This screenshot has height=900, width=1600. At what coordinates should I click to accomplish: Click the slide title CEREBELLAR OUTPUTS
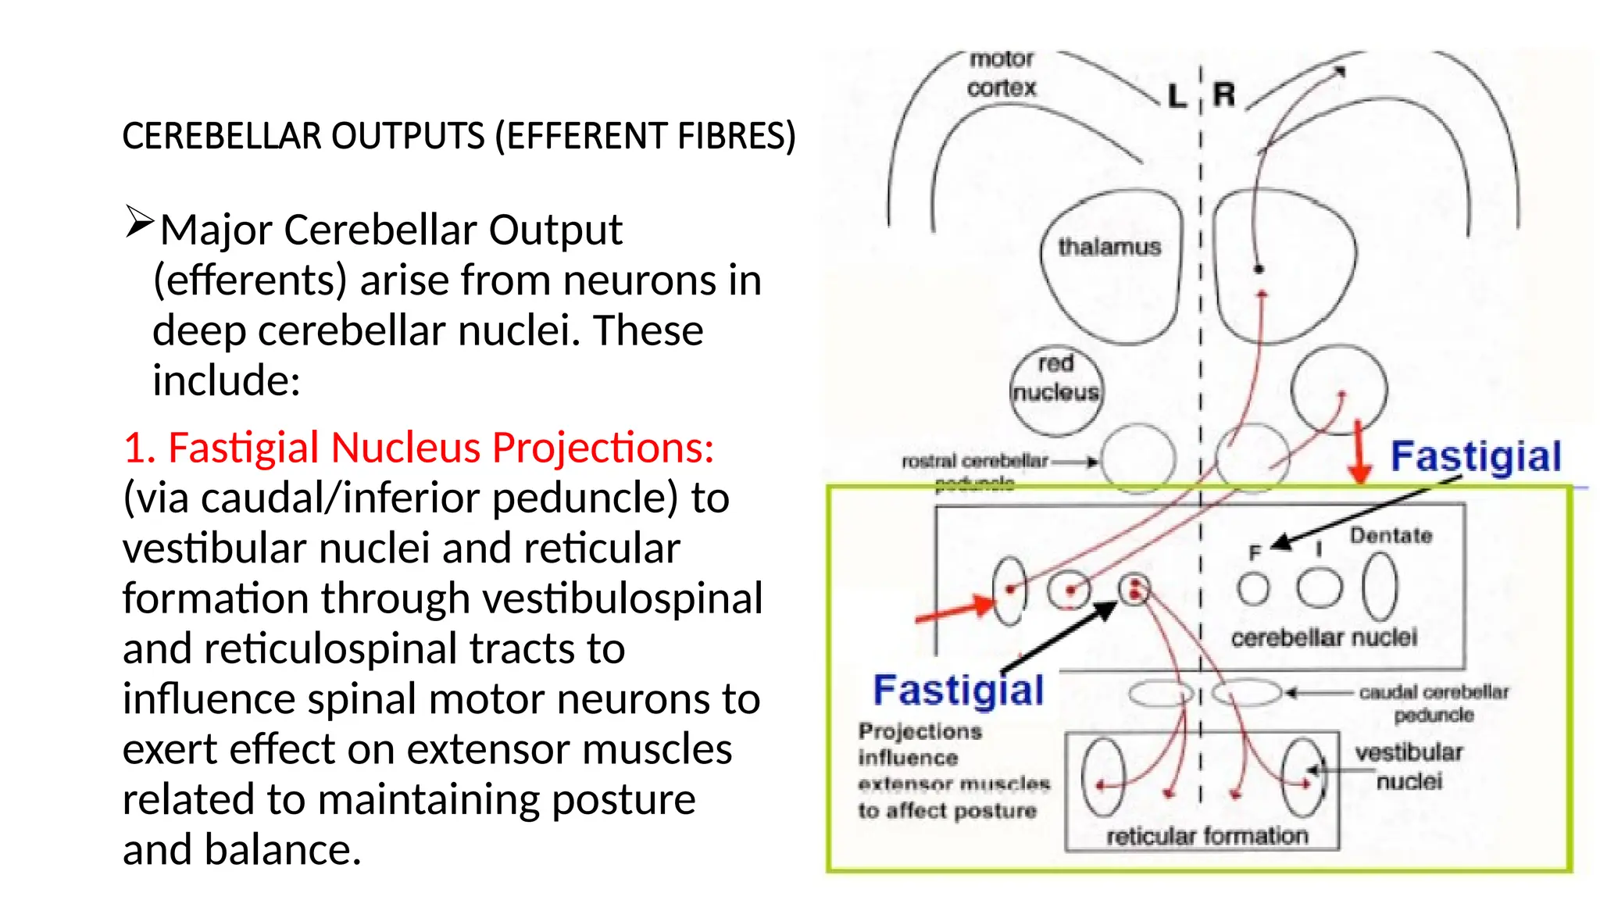pyautogui.click(x=459, y=136)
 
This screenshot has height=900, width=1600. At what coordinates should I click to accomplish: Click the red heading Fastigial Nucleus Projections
pyautogui.click(x=419, y=448)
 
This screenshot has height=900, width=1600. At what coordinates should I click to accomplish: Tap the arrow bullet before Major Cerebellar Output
pyautogui.click(x=140, y=222)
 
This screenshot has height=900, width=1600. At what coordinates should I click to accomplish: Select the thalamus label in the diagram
pyautogui.click(x=1109, y=248)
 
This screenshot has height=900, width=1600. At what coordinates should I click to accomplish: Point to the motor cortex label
pyautogui.click(x=1002, y=73)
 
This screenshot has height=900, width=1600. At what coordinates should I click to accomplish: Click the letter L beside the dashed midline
pyautogui.click(x=1177, y=96)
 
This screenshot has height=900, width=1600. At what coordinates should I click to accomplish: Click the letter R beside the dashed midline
pyautogui.click(x=1224, y=95)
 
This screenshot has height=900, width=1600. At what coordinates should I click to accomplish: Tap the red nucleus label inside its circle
pyautogui.click(x=1055, y=378)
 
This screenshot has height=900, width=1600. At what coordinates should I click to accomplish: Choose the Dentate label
pyautogui.click(x=1391, y=536)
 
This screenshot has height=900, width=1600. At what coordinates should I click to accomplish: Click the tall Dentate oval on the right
pyautogui.click(x=1380, y=586)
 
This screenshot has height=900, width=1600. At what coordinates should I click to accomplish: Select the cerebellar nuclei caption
pyautogui.click(x=1323, y=637)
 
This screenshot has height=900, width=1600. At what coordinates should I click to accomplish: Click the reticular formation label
pyautogui.click(x=1207, y=836)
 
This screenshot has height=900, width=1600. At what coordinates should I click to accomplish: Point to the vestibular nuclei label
pyautogui.click(x=1409, y=766)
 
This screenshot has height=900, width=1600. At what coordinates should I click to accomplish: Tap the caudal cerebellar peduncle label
pyautogui.click(x=1434, y=703)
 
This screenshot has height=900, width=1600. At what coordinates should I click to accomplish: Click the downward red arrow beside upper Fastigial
pyautogui.click(x=1359, y=452)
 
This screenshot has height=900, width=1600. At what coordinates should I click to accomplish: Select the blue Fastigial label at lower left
pyautogui.click(x=958, y=691)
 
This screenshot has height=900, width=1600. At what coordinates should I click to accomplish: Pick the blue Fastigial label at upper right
pyautogui.click(x=1476, y=456)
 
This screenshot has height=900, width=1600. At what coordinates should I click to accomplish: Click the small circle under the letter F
pyautogui.click(x=1254, y=588)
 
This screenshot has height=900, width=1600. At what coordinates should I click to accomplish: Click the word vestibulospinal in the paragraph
pyautogui.click(x=616, y=598)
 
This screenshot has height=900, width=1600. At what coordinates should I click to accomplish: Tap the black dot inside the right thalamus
pyautogui.click(x=1259, y=270)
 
